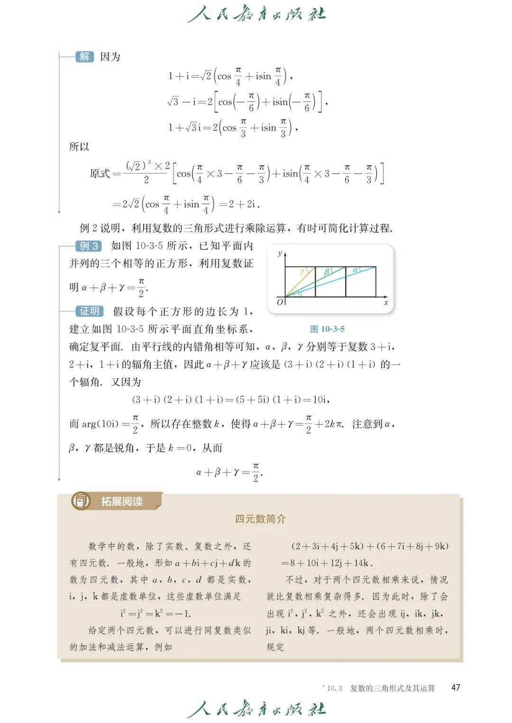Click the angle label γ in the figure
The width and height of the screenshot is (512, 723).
pos(302,271)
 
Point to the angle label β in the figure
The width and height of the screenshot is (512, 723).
pos(326,272)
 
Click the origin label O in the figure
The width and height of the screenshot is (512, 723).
pos(280,302)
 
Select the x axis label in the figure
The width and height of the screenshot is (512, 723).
pos(386,303)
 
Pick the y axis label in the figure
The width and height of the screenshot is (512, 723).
pos(280,253)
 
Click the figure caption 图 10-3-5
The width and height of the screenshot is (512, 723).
pos(327,329)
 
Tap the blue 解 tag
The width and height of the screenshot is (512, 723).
pos(84,57)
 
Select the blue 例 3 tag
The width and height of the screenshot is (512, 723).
pos(89,246)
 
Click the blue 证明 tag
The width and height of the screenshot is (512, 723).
pos(89,311)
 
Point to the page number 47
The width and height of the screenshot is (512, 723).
pos(455,687)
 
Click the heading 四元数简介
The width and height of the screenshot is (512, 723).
pos(260,519)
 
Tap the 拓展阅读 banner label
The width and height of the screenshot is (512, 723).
pos(122,501)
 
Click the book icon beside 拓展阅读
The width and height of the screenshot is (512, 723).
pos(81,501)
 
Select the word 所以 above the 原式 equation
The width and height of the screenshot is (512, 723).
pos(79,147)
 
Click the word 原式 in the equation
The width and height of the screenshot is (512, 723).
pos(100,174)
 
